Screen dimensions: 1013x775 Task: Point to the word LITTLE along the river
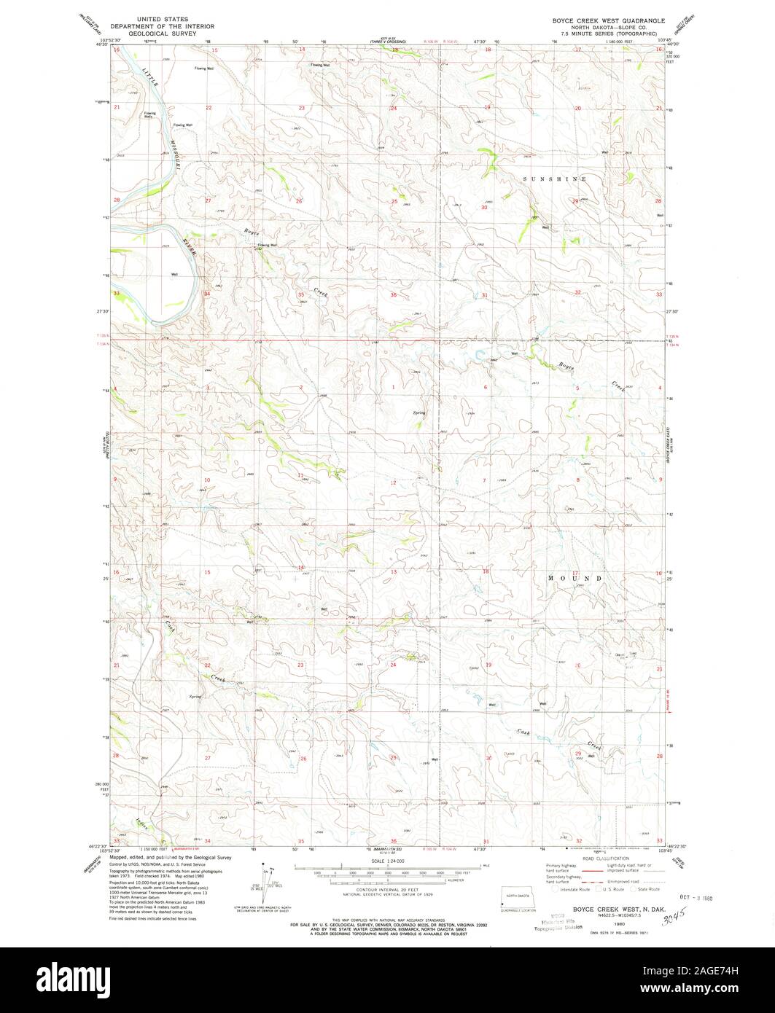[x=149, y=76]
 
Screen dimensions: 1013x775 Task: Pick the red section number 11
[x=300, y=475]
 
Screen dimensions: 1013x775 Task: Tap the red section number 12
[x=393, y=482]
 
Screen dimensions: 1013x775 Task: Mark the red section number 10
[x=207, y=480]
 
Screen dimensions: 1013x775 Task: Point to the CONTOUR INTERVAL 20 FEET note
[x=387, y=891]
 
